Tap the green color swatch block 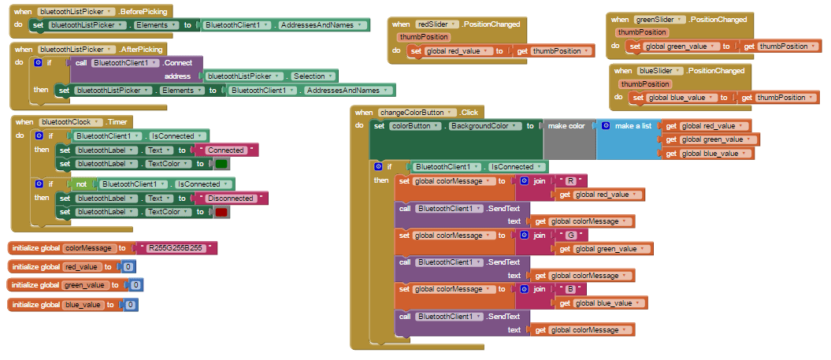pos(221,164)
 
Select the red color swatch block pos(221,212)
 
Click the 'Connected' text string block pos(224,150)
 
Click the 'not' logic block pos(81,184)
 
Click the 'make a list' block pos(633,126)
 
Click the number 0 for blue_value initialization pos(131,304)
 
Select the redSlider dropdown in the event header pos(438,24)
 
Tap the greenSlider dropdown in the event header pos(658,19)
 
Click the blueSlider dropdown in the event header pos(658,71)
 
